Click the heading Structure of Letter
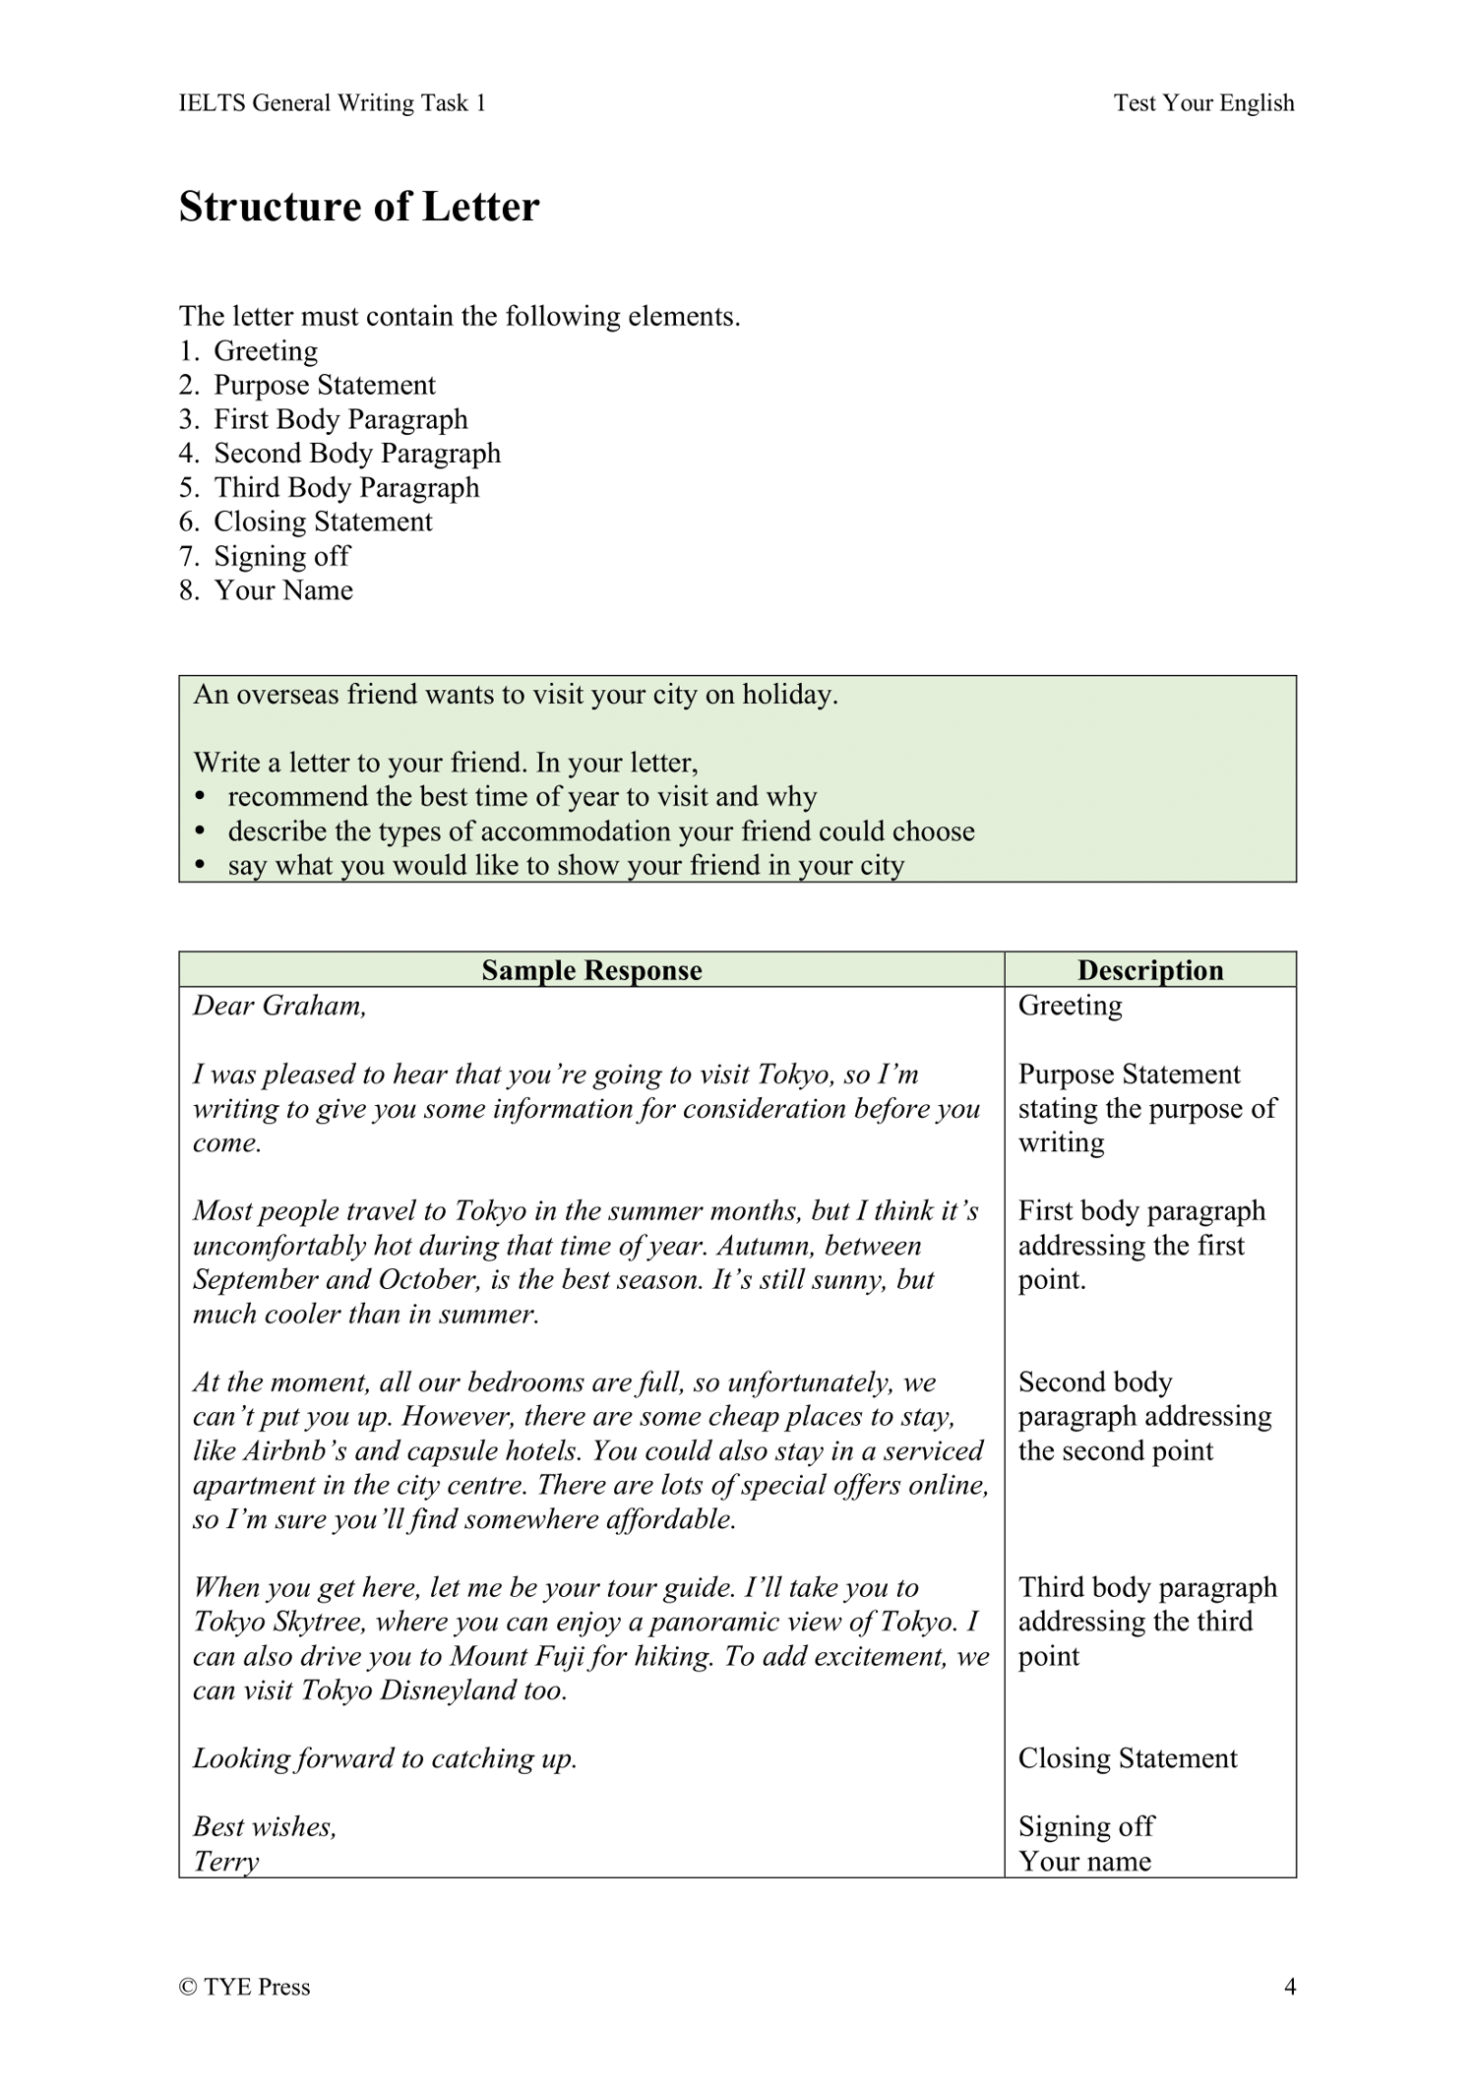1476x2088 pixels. click(359, 208)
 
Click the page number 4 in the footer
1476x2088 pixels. click(1289, 1987)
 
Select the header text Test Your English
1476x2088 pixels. click(1203, 103)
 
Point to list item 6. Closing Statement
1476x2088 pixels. click(305, 522)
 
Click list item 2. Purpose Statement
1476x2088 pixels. click(307, 385)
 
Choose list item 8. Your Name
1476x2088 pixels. click(266, 590)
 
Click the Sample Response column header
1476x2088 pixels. click(591, 970)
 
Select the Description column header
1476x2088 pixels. click(1149, 970)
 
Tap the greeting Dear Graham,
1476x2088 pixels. click(279, 1006)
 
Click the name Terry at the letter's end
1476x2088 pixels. click(225, 1862)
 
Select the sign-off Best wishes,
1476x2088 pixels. click(265, 1827)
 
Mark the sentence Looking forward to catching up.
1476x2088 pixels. click(385, 1758)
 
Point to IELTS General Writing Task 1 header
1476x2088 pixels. click(333, 103)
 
